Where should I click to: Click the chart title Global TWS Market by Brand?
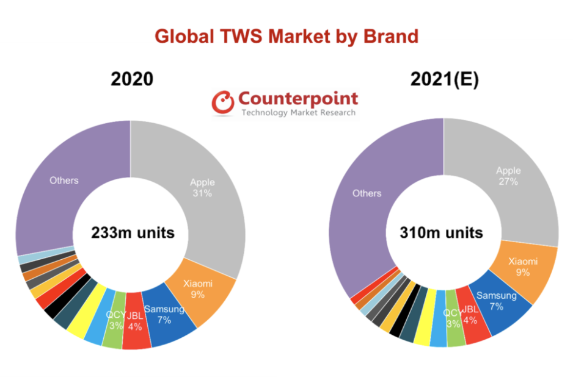286,36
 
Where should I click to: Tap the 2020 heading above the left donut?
131,79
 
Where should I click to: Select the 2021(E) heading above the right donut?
443,79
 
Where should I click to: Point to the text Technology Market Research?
298,113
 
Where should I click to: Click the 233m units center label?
133,232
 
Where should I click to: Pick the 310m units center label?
441,232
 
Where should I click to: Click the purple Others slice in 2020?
64,183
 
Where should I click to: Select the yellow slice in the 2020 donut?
79,326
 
